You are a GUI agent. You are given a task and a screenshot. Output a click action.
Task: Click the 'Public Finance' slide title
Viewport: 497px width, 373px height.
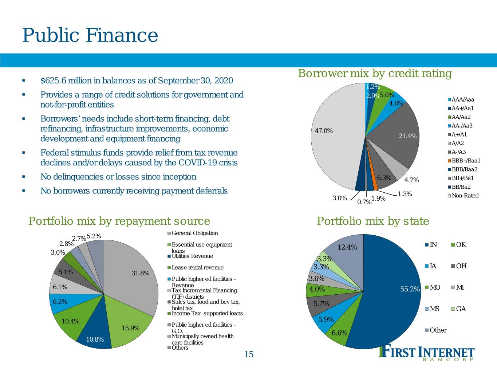pyautogui.click(x=90, y=35)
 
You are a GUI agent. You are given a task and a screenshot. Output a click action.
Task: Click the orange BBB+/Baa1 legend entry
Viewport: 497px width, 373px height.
pyautogui.click(x=464, y=161)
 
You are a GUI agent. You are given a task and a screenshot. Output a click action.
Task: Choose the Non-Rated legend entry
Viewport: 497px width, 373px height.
pyautogui.click(x=463, y=196)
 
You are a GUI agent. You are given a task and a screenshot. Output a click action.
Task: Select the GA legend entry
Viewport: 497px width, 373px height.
pyautogui.click(x=458, y=309)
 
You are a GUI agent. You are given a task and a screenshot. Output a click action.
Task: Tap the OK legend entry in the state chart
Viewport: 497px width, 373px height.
pyautogui.click(x=459, y=244)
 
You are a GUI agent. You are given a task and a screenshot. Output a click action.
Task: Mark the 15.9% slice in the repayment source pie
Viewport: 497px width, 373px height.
pyautogui.click(x=129, y=324)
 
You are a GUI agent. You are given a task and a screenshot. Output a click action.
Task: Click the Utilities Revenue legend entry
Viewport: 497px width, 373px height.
pyautogui.click(x=190, y=256)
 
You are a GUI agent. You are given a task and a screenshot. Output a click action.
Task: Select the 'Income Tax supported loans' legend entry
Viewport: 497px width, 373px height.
pyautogui.click(x=205, y=313)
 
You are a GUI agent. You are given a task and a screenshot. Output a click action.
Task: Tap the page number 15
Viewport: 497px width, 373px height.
pyautogui.click(x=249, y=354)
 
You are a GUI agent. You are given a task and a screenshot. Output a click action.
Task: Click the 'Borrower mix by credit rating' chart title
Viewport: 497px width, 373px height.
pyautogui.click(x=375, y=73)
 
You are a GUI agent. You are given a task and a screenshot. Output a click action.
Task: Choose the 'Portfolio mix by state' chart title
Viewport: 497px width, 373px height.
pyautogui.click(x=373, y=221)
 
